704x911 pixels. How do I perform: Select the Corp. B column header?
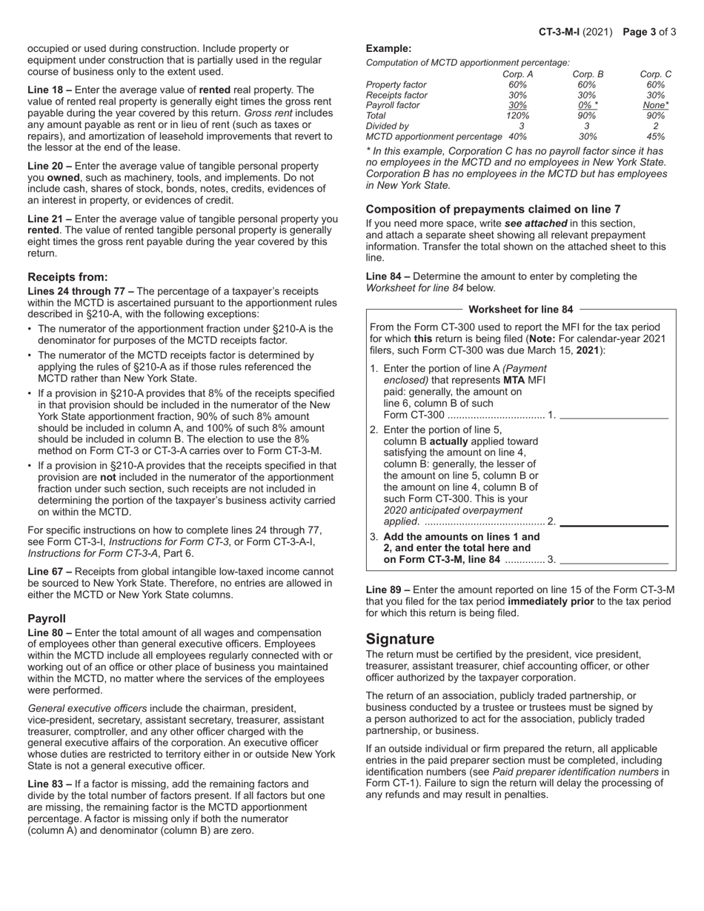click(x=588, y=74)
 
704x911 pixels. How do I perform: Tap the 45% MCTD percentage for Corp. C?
click(x=655, y=136)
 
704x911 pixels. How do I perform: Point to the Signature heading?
click(x=400, y=639)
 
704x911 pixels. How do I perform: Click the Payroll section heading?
click(x=47, y=618)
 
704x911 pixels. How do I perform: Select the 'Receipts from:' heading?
click(x=67, y=277)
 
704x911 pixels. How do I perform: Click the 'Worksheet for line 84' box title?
click(x=521, y=310)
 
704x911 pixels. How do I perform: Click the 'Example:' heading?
click(x=388, y=48)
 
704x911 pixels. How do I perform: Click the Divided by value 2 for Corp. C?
click(x=655, y=126)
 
